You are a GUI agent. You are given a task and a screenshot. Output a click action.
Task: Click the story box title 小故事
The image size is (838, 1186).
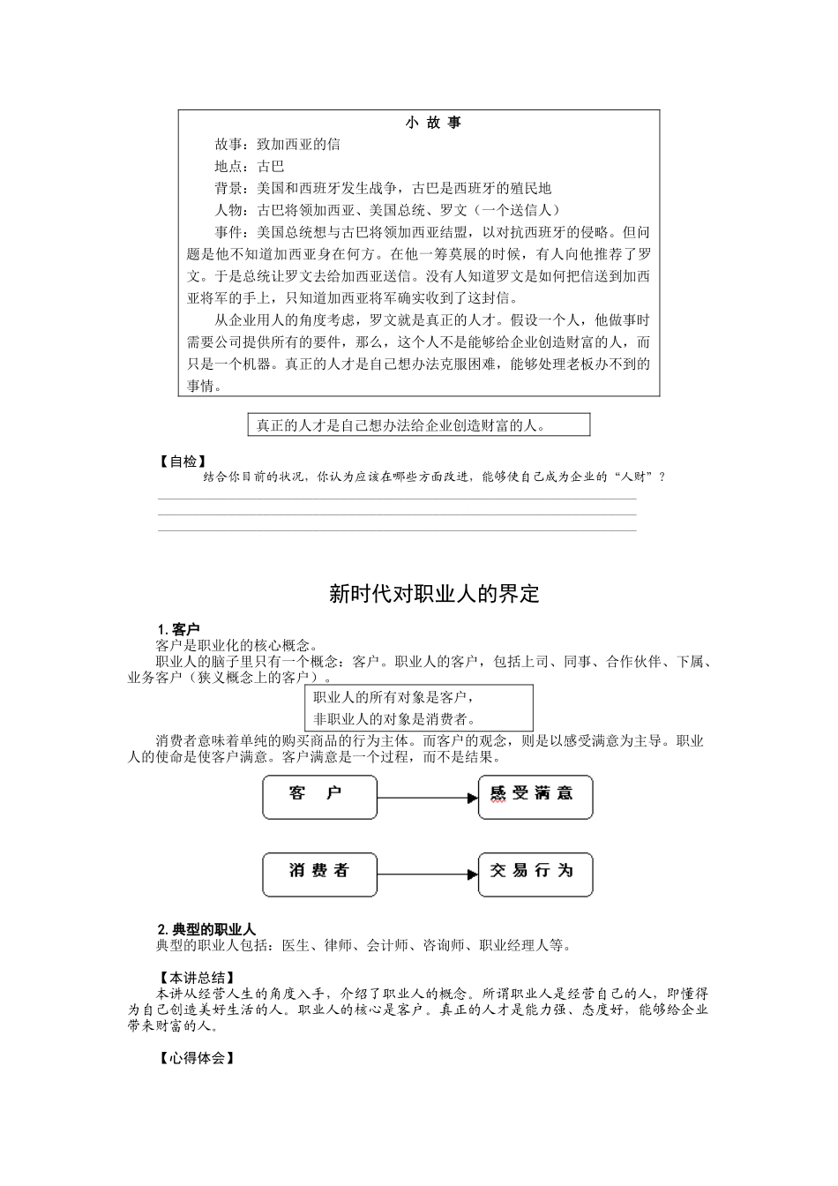[x=433, y=123]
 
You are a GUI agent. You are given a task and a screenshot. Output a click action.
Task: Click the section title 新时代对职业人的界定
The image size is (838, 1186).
[x=433, y=593]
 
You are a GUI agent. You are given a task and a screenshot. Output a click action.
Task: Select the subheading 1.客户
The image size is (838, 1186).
[x=177, y=629]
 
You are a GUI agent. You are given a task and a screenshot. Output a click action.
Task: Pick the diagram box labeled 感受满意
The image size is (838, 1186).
[x=535, y=797]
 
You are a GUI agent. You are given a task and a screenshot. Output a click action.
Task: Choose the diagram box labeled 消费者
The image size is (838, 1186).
[x=319, y=874]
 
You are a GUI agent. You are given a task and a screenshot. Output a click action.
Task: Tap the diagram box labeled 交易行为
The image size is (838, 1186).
[x=535, y=874]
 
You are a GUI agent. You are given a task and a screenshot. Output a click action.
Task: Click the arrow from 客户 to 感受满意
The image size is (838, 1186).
[x=428, y=798]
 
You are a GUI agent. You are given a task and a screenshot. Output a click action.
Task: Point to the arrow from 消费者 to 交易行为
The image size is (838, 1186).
[x=428, y=875]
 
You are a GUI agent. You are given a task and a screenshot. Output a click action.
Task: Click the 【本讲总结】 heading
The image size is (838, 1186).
[x=196, y=978]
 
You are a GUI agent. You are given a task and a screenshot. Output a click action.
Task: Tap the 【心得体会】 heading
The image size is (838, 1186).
[x=196, y=1057]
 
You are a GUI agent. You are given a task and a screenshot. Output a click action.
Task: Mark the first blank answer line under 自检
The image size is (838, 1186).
[x=397, y=499]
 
